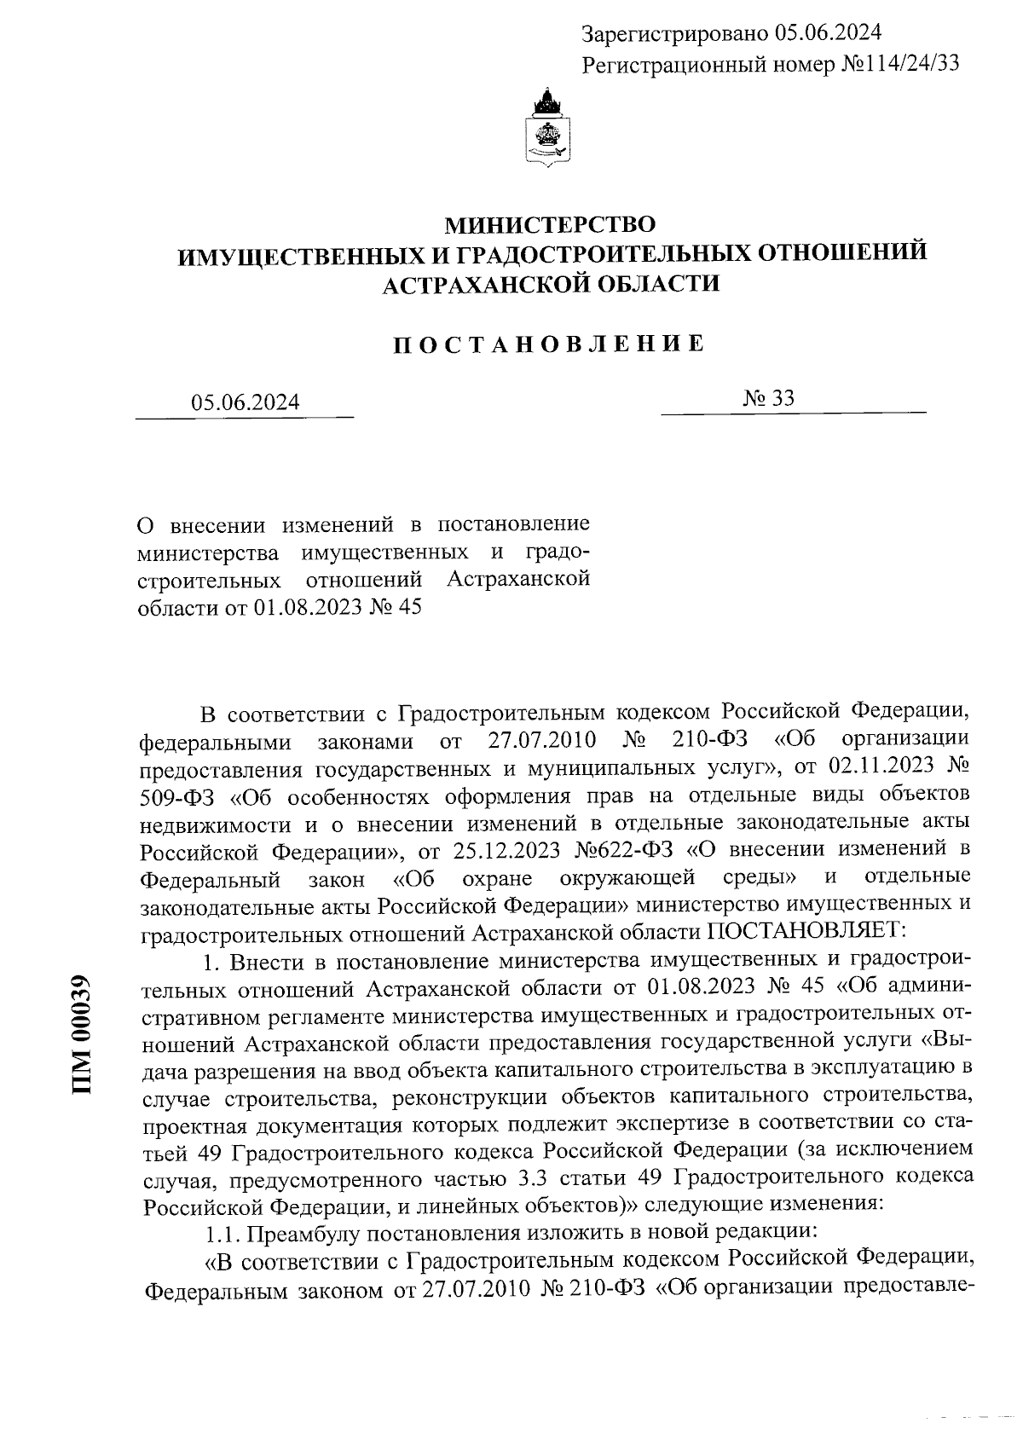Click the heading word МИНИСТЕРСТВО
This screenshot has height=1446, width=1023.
click(x=552, y=225)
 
